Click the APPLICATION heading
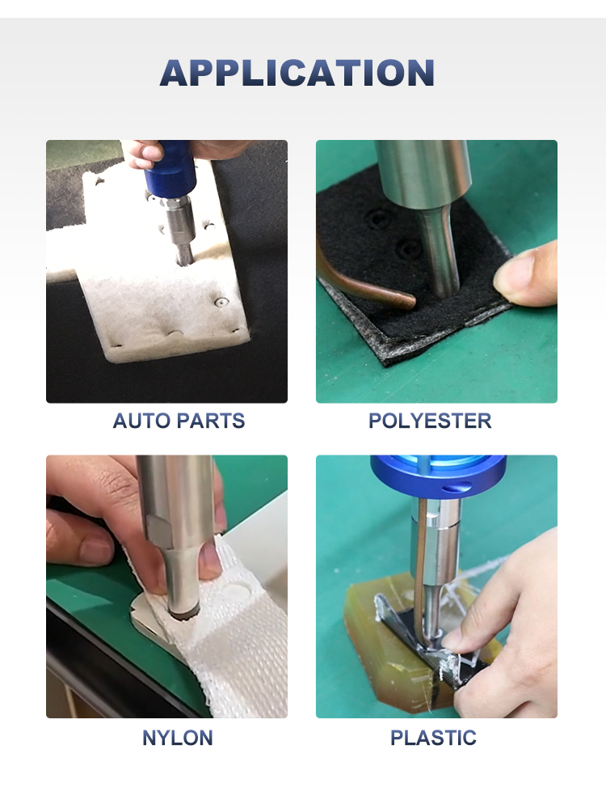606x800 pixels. [297, 73]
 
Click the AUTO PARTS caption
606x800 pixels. [179, 421]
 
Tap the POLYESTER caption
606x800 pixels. [430, 421]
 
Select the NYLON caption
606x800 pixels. [178, 738]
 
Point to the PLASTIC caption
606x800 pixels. [433, 738]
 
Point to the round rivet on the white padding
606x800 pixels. [221, 302]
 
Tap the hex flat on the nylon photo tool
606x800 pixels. [159, 531]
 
